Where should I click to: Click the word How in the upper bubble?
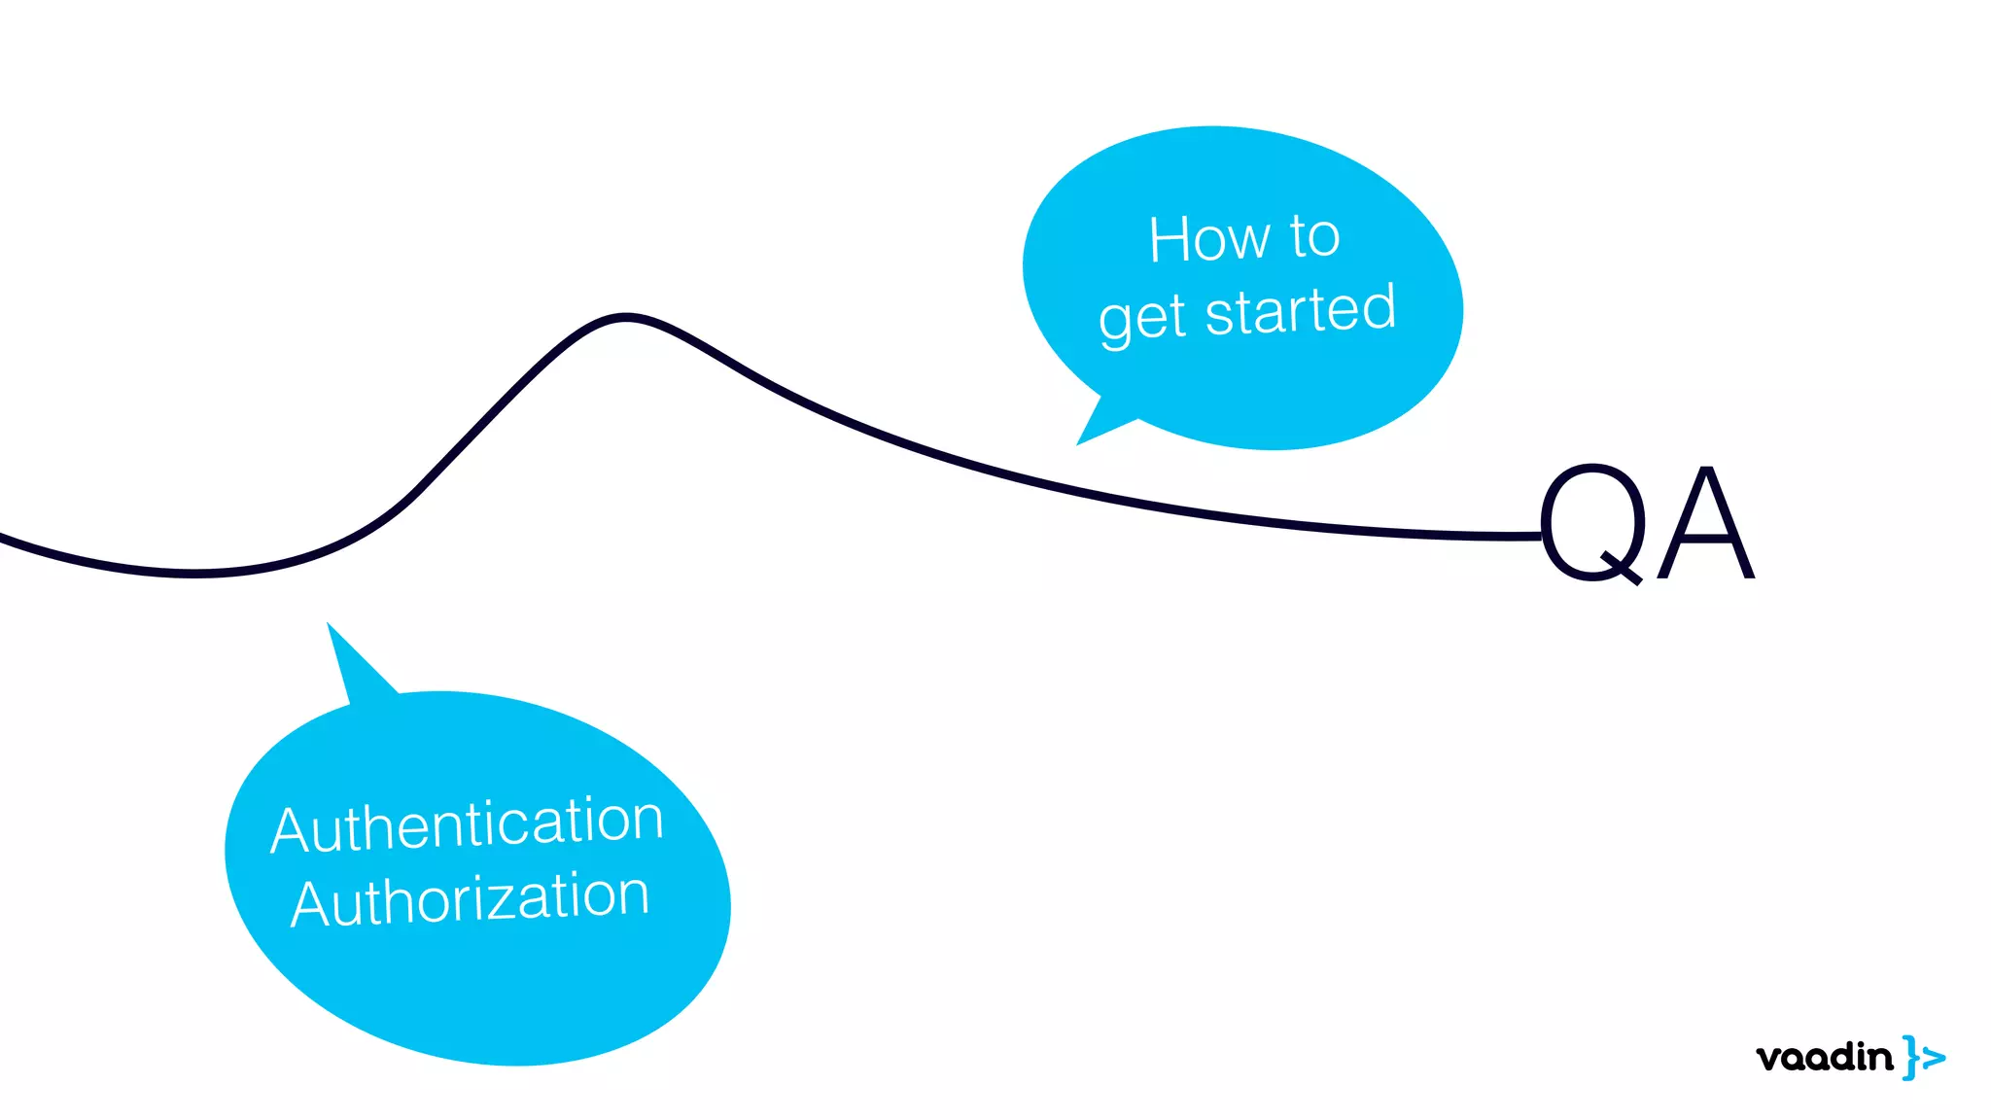click(x=1209, y=239)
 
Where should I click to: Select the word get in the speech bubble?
click(x=1142, y=320)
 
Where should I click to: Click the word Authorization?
click(x=471, y=899)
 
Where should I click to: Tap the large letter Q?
click(x=1593, y=524)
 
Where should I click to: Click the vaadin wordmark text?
click(x=1824, y=1058)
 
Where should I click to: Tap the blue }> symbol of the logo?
click(x=1923, y=1057)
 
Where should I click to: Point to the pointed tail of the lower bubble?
click(x=333, y=633)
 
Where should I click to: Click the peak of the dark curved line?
click(x=626, y=316)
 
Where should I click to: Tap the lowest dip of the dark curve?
click(x=194, y=574)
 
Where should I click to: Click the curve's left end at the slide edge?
click(x=4, y=537)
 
